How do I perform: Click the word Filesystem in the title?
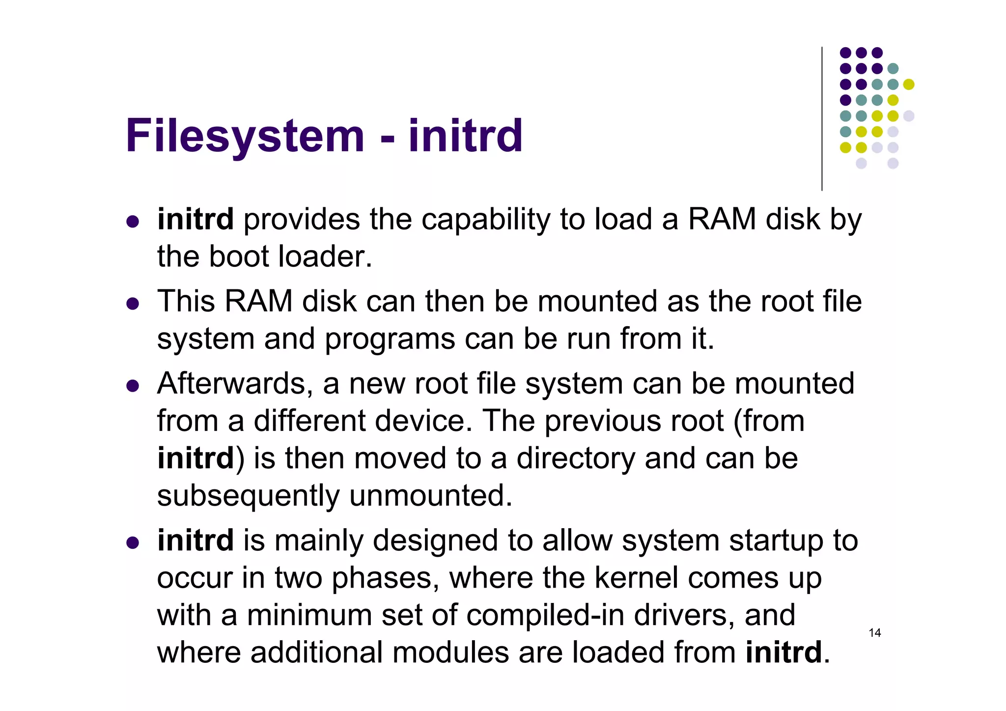(245, 136)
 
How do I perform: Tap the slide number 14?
(875, 633)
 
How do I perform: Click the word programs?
(390, 340)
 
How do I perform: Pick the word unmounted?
(431, 495)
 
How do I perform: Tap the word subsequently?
(248, 496)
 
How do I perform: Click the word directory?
(576, 459)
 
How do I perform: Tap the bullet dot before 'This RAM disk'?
(133, 304)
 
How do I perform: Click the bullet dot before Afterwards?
(133, 386)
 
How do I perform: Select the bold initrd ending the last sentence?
(783, 653)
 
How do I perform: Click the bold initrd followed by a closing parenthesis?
(196, 458)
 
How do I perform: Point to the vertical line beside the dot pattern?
(822, 118)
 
